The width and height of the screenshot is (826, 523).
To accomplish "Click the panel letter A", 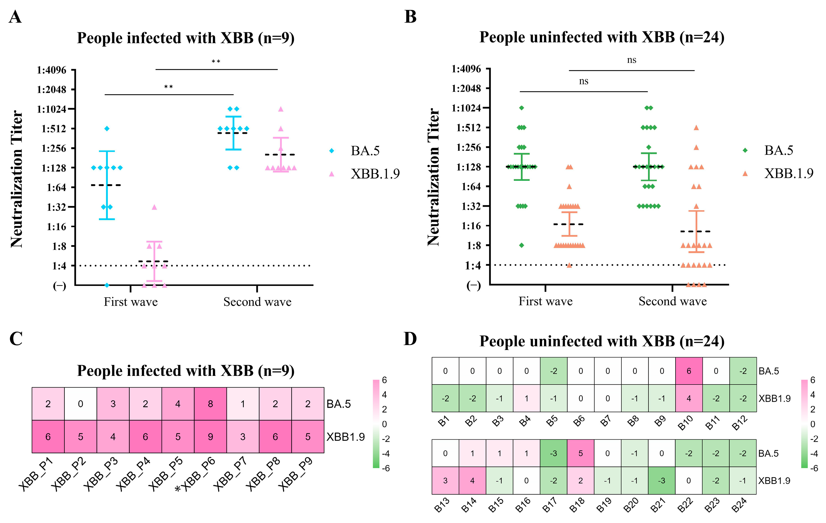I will [15, 17].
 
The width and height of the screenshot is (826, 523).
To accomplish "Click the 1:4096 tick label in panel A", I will [52, 70].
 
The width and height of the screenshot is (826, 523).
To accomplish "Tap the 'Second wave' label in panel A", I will [257, 302].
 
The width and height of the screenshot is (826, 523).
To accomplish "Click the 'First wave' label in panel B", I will [545, 301].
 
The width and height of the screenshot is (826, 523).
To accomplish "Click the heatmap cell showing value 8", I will [210, 404].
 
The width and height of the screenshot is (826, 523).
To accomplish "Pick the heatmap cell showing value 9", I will [210, 437].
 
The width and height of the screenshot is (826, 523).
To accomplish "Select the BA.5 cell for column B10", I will [689, 371].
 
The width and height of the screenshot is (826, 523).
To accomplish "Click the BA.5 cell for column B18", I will [580, 453].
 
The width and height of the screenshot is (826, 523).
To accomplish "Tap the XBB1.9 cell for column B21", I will [662, 480].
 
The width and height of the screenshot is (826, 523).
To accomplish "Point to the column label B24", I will [739, 505].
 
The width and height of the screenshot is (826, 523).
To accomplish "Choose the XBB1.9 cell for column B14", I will [472, 480].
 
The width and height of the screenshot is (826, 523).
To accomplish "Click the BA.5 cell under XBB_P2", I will [80, 404].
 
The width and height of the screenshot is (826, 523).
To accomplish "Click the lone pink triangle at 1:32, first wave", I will [154, 207].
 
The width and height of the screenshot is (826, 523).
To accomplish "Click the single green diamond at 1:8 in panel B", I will [521, 245].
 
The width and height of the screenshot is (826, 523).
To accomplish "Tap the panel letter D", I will [410, 339].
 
